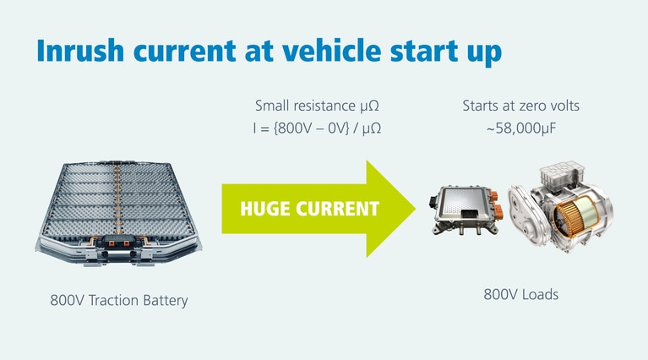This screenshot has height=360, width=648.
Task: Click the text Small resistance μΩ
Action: pos(322,106)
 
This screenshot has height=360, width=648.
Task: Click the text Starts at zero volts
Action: pos(521,106)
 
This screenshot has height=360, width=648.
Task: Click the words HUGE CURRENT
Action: pos(310,208)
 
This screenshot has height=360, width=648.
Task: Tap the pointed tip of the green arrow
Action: pos(416,208)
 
